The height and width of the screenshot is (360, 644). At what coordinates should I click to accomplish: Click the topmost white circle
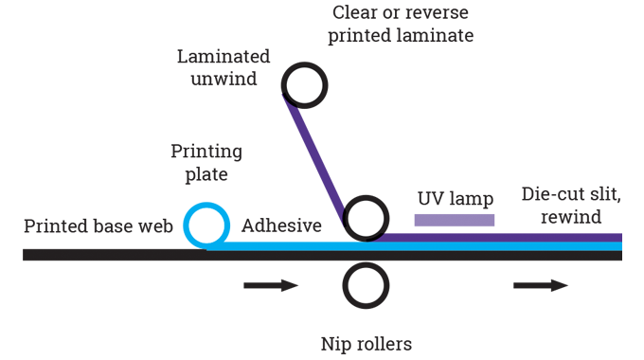(x=305, y=86)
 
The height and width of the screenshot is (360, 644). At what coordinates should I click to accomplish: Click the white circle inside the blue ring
(x=206, y=225)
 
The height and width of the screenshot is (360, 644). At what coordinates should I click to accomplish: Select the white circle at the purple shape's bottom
(x=365, y=219)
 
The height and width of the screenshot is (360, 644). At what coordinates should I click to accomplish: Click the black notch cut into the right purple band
(x=568, y=226)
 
